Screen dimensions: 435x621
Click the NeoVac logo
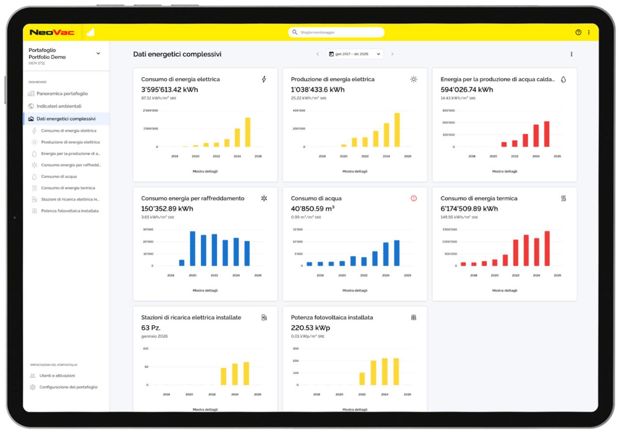52,32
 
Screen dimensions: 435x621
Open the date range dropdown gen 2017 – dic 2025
355,54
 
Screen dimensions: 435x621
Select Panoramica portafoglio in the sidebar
62,94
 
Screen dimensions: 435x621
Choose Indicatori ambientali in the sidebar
59,106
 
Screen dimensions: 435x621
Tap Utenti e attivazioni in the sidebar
57,376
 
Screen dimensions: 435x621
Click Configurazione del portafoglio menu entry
68,387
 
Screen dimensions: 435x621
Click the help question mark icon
578,32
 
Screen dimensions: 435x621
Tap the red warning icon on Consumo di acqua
413,198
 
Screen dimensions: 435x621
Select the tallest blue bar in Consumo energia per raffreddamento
193,248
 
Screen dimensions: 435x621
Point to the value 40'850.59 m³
312,209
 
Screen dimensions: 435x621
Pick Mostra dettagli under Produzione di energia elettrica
355,171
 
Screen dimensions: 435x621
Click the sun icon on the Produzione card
413,79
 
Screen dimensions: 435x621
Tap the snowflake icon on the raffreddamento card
264,198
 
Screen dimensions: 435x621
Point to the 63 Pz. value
151,328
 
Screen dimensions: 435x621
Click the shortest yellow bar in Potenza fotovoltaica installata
362,378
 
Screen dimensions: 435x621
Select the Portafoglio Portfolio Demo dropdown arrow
98,53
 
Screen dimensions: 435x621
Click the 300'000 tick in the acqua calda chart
448,111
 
